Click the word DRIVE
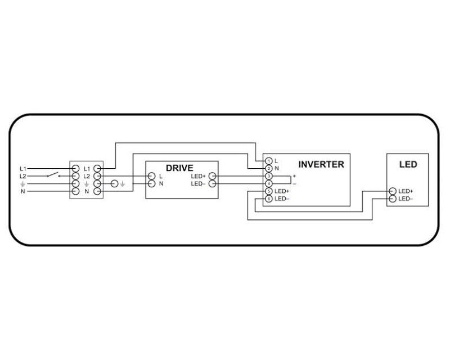179,168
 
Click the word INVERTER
321,165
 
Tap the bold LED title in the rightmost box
408,165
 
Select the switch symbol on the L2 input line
54,174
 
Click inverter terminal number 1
269,161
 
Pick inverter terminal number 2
269,168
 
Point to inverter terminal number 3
269,176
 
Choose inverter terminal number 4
269,183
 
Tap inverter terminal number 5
269,191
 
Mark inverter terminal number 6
269,199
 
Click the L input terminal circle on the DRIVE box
151,176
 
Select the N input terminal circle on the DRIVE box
151,183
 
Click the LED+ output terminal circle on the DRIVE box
212,176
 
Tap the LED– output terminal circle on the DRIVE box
212,183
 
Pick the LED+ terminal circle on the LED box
392,191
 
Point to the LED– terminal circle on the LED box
392,199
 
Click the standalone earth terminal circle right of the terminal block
115,184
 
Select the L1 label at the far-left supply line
23,168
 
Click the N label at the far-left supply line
23,191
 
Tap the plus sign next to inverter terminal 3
294,176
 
